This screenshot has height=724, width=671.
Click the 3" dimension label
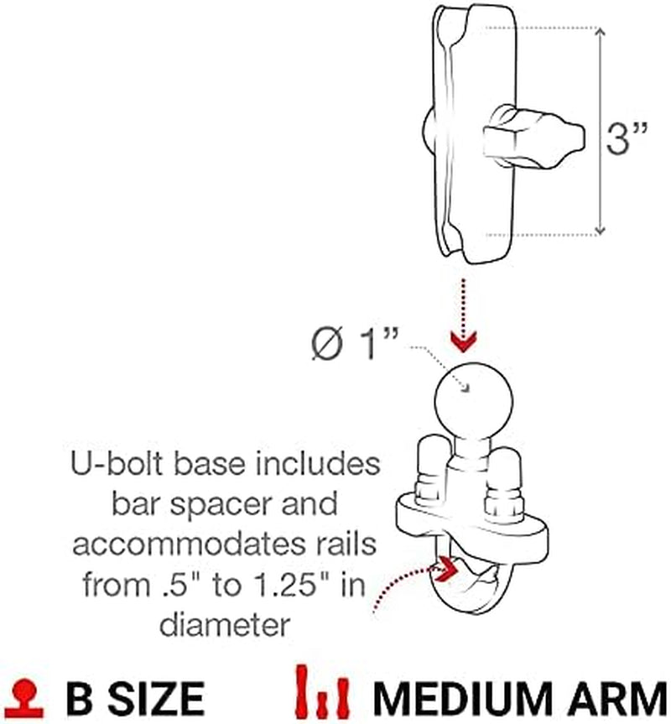[x=628, y=139]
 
